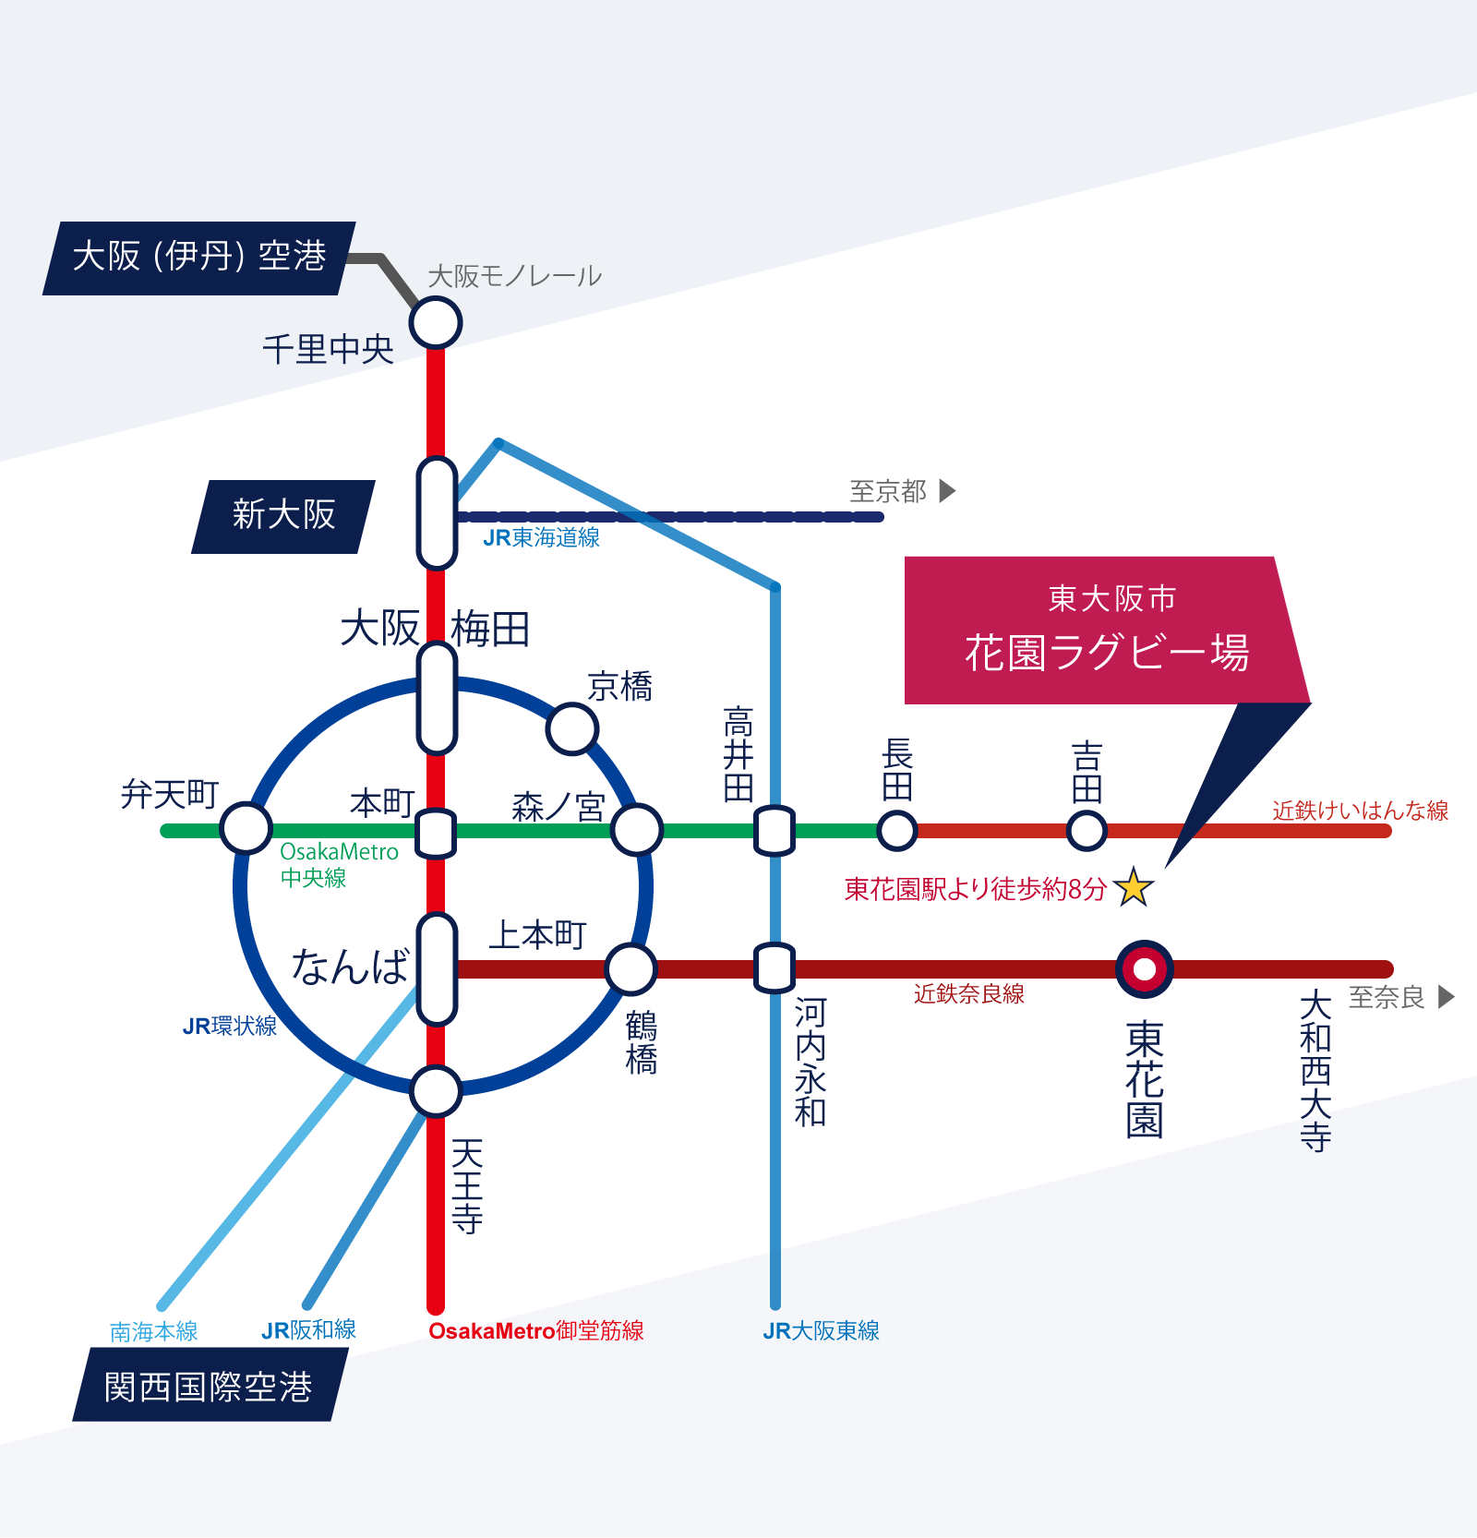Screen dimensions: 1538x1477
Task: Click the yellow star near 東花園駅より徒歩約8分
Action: (x=1134, y=887)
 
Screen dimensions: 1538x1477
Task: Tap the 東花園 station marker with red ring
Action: (x=1145, y=969)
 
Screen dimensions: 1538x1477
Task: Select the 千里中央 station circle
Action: (x=436, y=322)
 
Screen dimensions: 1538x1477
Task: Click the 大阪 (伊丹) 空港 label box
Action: (x=199, y=258)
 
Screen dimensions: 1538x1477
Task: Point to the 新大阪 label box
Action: (x=283, y=516)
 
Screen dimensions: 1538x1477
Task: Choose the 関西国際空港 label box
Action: (x=209, y=1386)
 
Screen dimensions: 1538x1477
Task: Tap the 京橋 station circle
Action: (x=572, y=729)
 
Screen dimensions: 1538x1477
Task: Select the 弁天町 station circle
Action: (x=246, y=828)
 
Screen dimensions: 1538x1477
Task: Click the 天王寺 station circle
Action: (x=436, y=1091)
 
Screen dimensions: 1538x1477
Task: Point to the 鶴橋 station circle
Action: (x=631, y=969)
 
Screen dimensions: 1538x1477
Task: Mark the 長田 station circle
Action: (x=896, y=830)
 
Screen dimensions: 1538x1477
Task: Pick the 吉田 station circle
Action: (x=1087, y=830)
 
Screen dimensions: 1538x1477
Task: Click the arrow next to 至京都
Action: (x=947, y=490)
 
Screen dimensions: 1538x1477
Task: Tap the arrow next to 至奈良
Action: (x=1447, y=997)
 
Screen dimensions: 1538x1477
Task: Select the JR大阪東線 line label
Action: (x=821, y=1330)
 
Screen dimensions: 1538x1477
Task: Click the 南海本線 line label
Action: (x=154, y=1331)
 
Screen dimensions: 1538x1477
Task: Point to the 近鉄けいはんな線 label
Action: (x=1360, y=811)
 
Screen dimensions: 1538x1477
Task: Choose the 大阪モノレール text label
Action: (x=515, y=276)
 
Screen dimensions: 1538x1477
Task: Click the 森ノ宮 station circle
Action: (x=637, y=830)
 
